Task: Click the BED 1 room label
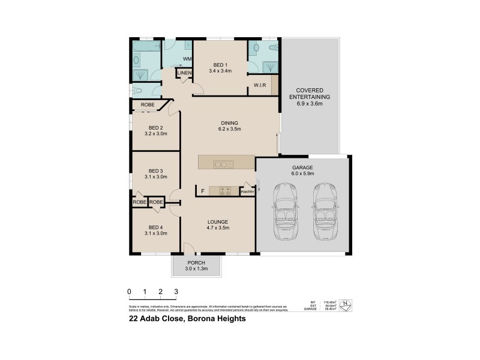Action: click(x=220, y=65)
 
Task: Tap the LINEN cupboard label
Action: click(x=184, y=73)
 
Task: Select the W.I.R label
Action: click(x=260, y=85)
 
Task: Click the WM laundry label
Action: click(x=187, y=59)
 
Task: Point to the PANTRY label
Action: click(x=247, y=191)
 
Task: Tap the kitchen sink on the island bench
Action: click(x=224, y=163)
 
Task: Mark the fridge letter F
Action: click(x=203, y=191)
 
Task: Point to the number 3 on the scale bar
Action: click(x=176, y=292)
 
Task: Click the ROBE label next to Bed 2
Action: click(x=147, y=105)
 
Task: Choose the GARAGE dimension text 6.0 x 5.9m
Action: click(x=303, y=173)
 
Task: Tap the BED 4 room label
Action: click(x=156, y=227)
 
